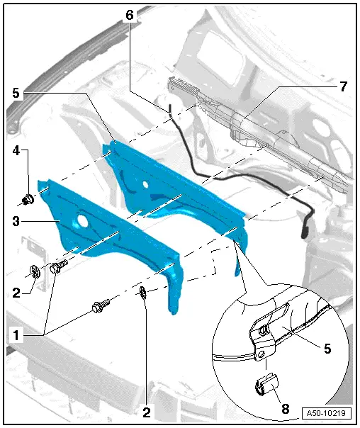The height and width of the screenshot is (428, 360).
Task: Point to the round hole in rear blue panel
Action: tap(145, 183)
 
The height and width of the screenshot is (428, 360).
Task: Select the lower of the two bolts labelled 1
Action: tap(99, 308)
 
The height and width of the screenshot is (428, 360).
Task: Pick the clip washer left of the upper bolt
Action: tap(35, 270)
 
